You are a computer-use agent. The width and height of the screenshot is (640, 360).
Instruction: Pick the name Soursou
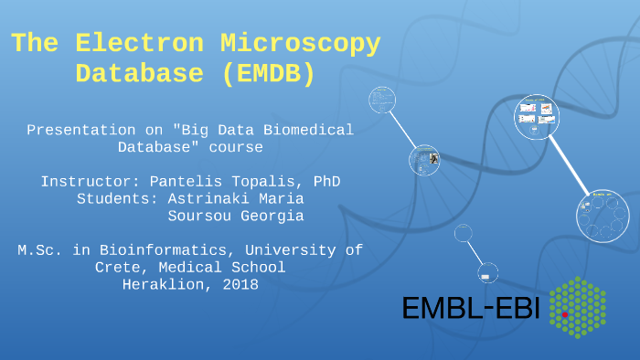point(200,216)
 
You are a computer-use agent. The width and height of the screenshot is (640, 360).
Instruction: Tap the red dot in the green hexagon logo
point(565,313)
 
